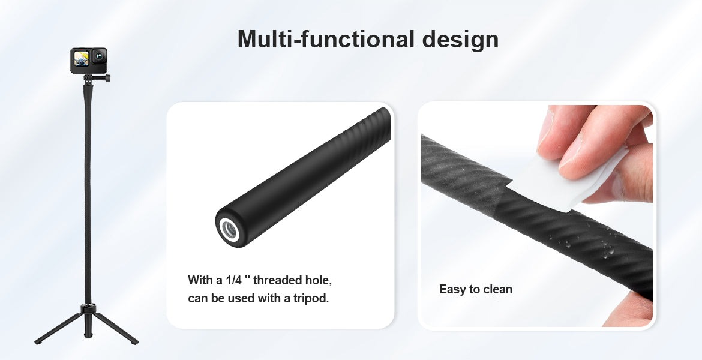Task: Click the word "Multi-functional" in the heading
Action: [326, 40]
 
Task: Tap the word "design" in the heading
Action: [461, 40]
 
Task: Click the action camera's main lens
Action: [100, 57]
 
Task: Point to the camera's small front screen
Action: [81, 59]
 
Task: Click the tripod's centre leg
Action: [88, 325]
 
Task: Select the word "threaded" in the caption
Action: [278, 281]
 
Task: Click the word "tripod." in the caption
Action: [311, 299]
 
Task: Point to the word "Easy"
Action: [452, 290]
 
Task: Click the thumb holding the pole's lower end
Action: [629, 309]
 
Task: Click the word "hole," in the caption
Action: [319, 281]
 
